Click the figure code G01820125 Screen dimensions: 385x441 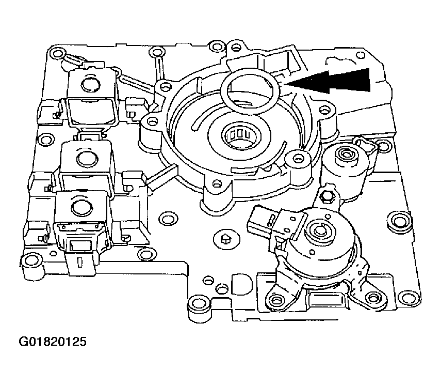pos(53,342)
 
